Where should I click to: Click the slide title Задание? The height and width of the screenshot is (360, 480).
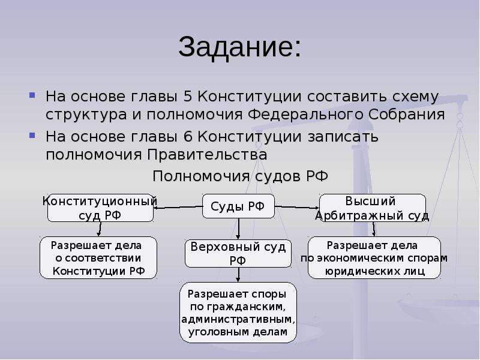(x=239, y=47)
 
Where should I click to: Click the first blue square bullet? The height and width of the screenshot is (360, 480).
(x=32, y=95)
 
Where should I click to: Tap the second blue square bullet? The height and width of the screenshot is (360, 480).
(x=32, y=135)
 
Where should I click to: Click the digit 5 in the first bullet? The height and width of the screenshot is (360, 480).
(x=188, y=97)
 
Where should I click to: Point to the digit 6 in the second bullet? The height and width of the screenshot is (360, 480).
(x=188, y=137)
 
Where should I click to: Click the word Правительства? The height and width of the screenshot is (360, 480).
(x=207, y=155)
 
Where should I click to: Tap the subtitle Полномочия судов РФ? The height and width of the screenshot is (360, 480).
(x=240, y=176)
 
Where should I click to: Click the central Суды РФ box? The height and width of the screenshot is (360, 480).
(x=238, y=206)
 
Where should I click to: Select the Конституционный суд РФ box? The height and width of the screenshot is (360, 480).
(x=100, y=208)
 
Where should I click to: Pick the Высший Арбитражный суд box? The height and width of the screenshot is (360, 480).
(x=372, y=208)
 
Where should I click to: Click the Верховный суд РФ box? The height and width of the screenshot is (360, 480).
(x=238, y=253)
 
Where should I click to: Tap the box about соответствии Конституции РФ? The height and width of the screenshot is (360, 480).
(x=98, y=257)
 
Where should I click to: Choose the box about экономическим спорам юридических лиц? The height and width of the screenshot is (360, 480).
(x=374, y=257)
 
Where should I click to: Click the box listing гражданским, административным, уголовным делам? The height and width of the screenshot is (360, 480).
(x=238, y=312)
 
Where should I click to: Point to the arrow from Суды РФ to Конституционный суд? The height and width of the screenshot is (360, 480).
(x=178, y=207)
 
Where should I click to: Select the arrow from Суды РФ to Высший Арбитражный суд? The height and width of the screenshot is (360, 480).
(x=296, y=207)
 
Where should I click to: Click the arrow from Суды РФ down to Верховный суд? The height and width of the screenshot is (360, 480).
(x=238, y=229)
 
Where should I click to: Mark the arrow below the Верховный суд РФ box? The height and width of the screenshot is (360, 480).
(x=238, y=275)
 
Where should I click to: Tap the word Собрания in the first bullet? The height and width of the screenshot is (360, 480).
(x=407, y=115)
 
